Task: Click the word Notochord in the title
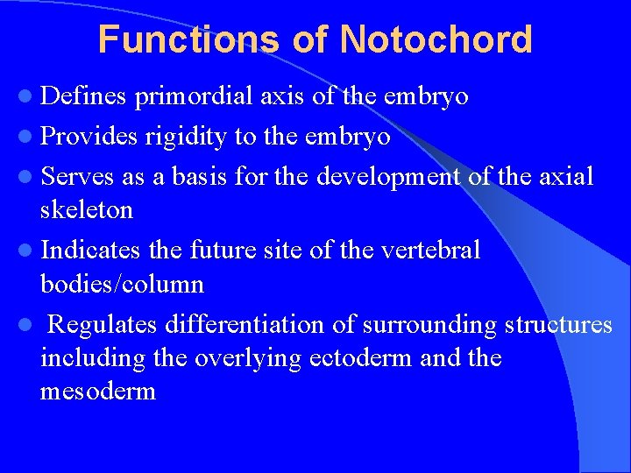(x=436, y=39)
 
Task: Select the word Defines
(x=83, y=95)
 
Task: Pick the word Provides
(x=89, y=137)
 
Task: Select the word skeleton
(x=87, y=210)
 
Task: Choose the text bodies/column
(x=122, y=285)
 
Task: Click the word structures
(x=558, y=325)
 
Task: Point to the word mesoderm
(x=98, y=392)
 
